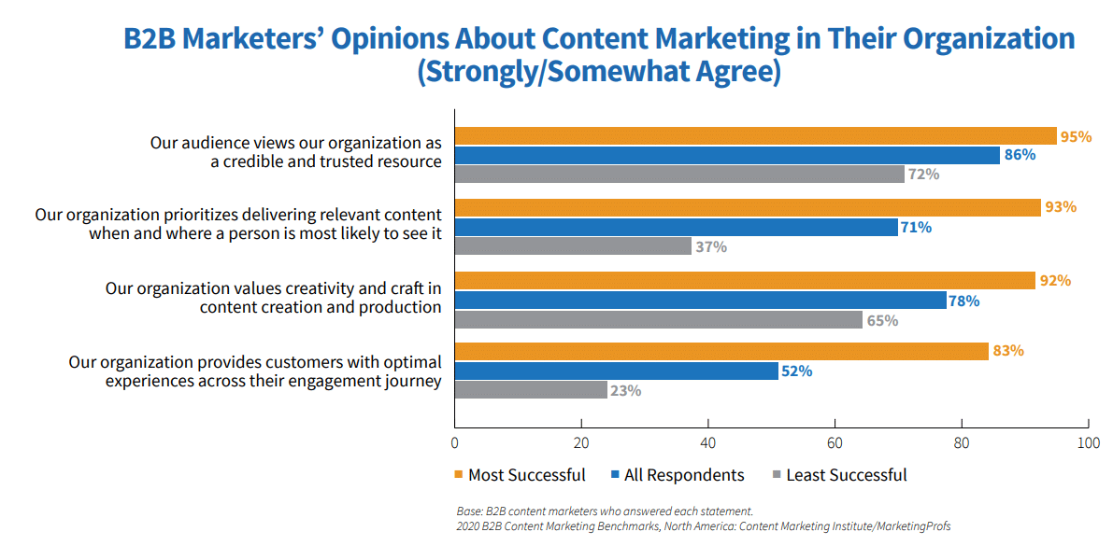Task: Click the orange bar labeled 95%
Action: pyautogui.click(x=755, y=136)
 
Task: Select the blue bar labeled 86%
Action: pyautogui.click(x=727, y=155)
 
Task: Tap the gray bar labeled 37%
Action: pyautogui.click(x=573, y=246)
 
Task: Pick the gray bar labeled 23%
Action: pyautogui.click(x=530, y=390)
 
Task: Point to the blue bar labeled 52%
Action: pyautogui.click(x=616, y=371)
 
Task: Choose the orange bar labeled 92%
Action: pyautogui.click(x=745, y=281)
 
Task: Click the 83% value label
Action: pyautogui.click(x=1008, y=351)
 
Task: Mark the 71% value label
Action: pyautogui.click(x=917, y=227)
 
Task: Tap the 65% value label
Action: pyautogui.click(x=883, y=320)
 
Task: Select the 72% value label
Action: pyautogui.click(x=923, y=175)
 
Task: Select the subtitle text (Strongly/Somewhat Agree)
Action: pyautogui.click(x=598, y=73)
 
